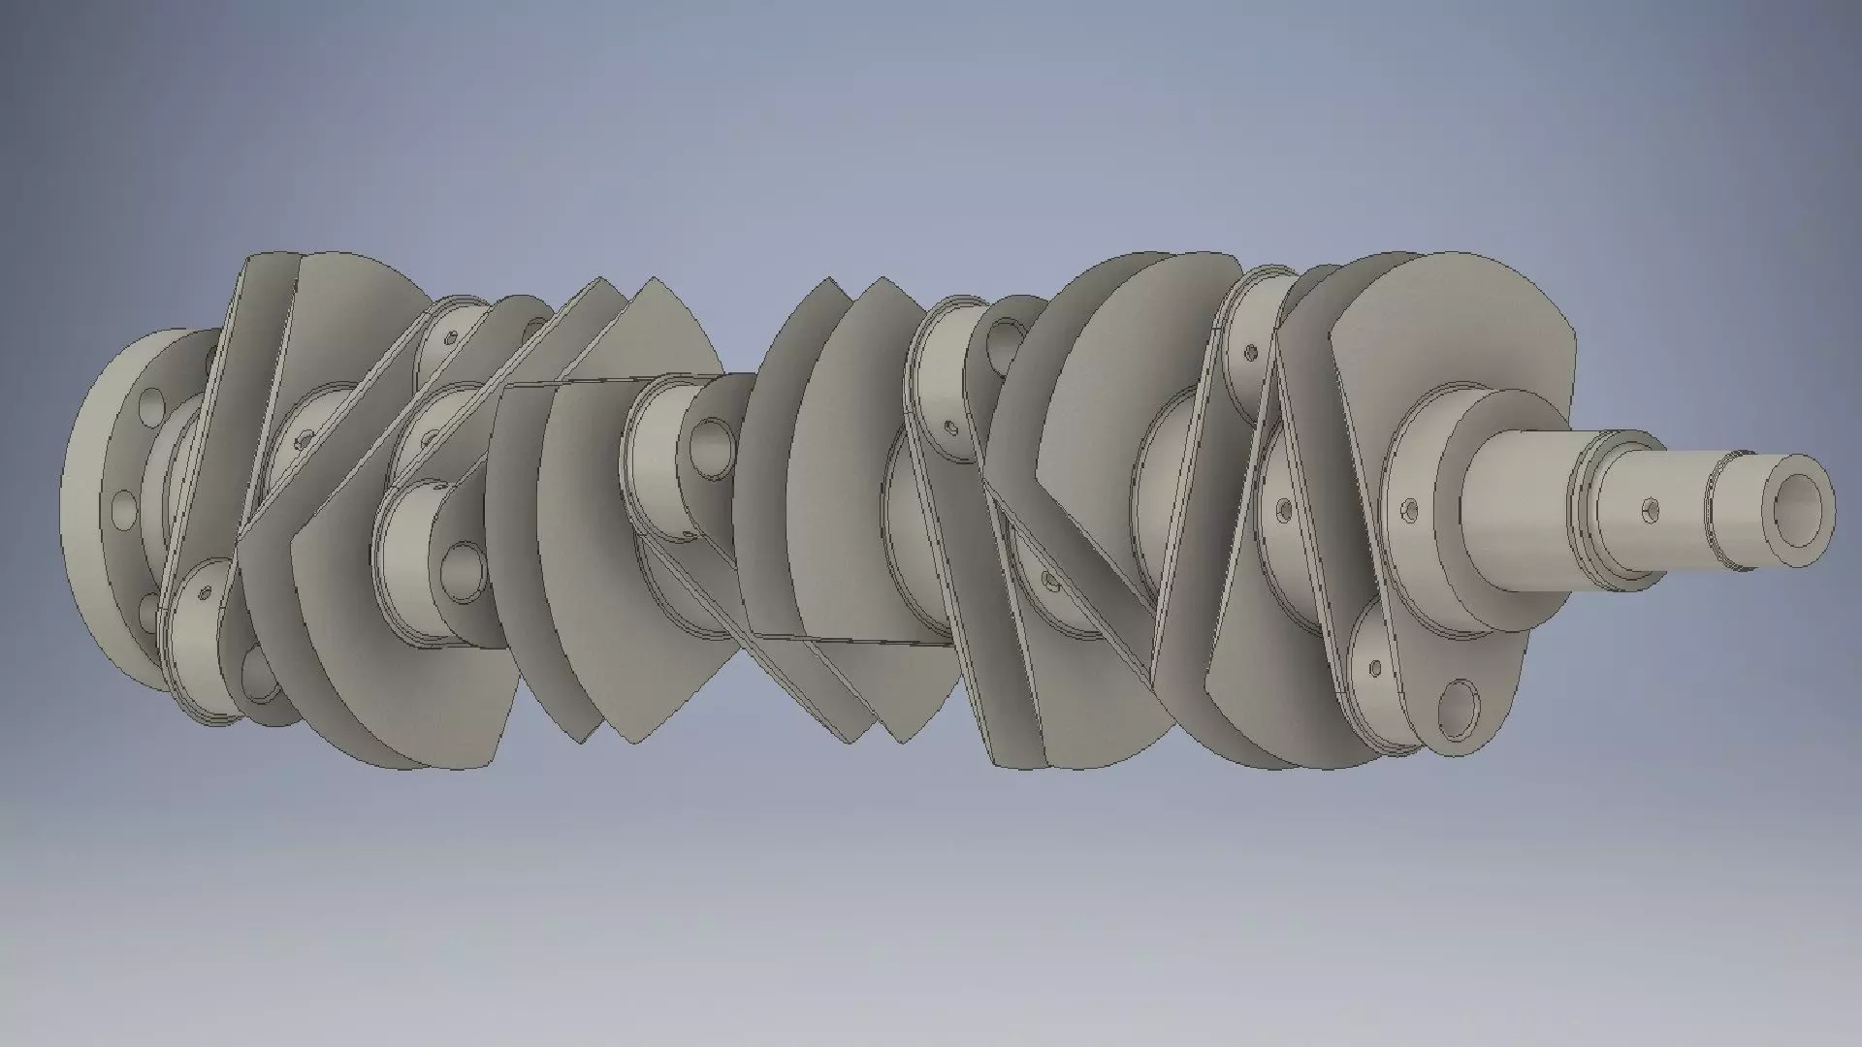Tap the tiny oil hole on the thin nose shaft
[x=1650, y=509]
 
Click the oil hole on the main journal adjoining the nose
[x=1409, y=508]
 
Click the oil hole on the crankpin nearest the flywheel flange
[x=204, y=591]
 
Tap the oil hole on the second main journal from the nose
[x=1283, y=509]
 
